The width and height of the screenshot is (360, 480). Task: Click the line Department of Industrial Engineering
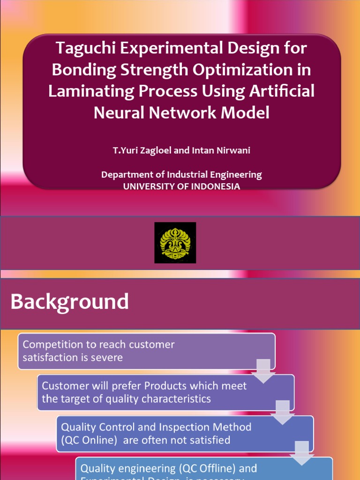(x=181, y=174)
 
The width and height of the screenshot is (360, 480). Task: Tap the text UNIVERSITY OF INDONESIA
(x=181, y=186)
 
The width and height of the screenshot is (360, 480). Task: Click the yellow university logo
(x=175, y=243)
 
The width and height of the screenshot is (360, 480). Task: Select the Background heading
(x=70, y=301)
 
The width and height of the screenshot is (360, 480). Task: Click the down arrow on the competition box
(x=263, y=370)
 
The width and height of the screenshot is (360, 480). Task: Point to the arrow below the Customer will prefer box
(x=283, y=412)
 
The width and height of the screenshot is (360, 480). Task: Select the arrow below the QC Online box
(x=302, y=453)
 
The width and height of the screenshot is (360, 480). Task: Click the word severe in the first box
(x=108, y=357)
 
